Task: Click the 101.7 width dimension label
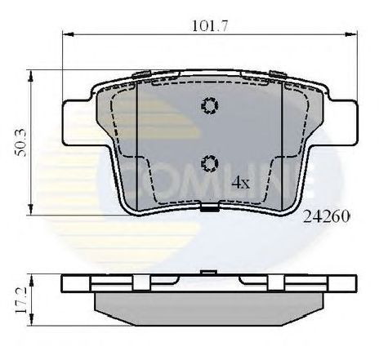click(209, 26)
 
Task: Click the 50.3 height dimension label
click(20, 142)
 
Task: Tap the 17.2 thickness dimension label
click(20, 300)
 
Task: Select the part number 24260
click(326, 216)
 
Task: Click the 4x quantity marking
click(240, 183)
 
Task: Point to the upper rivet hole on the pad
click(210, 105)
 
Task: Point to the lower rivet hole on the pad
click(210, 163)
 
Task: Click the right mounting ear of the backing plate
click(342, 123)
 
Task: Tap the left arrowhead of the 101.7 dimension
click(69, 34)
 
